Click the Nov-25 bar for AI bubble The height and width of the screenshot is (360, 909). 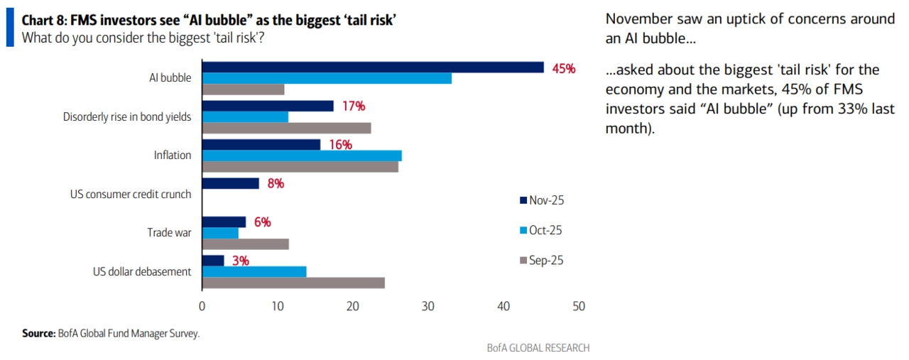tap(373, 67)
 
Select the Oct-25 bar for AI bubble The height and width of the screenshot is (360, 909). tap(327, 78)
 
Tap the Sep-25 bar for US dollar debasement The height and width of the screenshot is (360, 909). tap(293, 283)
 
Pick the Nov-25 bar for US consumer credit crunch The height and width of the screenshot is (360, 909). tap(231, 183)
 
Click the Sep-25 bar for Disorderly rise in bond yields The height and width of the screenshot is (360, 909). tap(287, 128)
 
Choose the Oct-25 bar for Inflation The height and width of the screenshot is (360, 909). tap(302, 156)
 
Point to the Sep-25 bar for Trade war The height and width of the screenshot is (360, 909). tap(246, 244)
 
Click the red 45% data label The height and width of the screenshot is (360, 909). tap(563, 68)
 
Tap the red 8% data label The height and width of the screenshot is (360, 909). tap(276, 183)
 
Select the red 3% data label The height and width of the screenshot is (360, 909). tap(240, 261)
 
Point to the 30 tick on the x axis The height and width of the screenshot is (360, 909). tap(428, 307)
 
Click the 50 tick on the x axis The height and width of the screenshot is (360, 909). tap(579, 307)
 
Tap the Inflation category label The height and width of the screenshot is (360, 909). tap(173, 155)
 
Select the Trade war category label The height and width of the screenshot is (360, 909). tap(169, 232)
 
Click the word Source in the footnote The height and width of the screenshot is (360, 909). tap(38, 333)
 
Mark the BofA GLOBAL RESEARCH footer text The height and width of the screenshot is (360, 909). tap(538, 348)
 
